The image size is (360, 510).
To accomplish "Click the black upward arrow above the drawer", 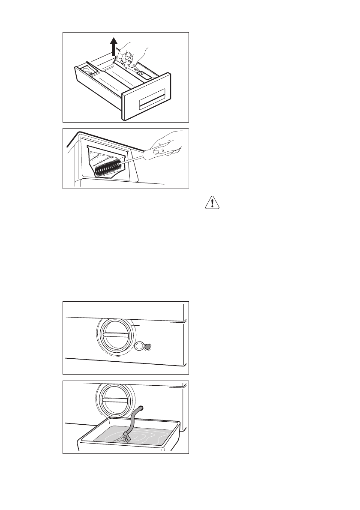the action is pyautogui.click(x=114, y=46).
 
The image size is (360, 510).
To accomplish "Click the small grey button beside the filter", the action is pyautogui.click(x=148, y=346).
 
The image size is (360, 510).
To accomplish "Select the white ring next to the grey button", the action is pyautogui.click(x=139, y=346).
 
